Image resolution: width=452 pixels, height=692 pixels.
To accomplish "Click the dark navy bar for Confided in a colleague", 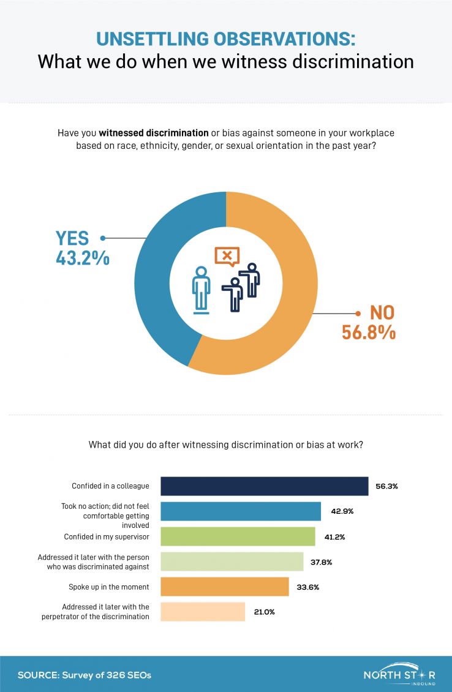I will [264, 486].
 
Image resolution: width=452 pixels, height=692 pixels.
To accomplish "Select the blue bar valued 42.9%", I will [241, 511].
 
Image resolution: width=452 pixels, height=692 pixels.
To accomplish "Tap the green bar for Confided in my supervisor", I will [238, 536].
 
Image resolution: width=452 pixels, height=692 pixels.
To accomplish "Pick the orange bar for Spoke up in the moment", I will [224, 587].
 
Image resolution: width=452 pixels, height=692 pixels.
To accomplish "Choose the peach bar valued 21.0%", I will [203, 612].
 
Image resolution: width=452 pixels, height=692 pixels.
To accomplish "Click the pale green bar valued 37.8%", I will [232, 562].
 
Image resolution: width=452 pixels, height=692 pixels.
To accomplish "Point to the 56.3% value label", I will [386, 486].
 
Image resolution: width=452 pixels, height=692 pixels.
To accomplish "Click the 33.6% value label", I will [307, 587].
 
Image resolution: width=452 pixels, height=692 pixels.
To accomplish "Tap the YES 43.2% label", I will [83, 248].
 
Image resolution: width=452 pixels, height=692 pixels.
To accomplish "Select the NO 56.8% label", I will [368, 322].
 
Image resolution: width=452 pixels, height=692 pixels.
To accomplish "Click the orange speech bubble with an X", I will [227, 255].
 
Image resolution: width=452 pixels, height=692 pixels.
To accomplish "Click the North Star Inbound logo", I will [399, 674].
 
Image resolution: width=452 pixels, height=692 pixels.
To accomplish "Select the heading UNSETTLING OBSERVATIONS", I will [225, 39].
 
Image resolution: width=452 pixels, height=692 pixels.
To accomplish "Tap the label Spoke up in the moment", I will [108, 587].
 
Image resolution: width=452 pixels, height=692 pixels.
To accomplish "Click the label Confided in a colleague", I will [110, 486].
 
